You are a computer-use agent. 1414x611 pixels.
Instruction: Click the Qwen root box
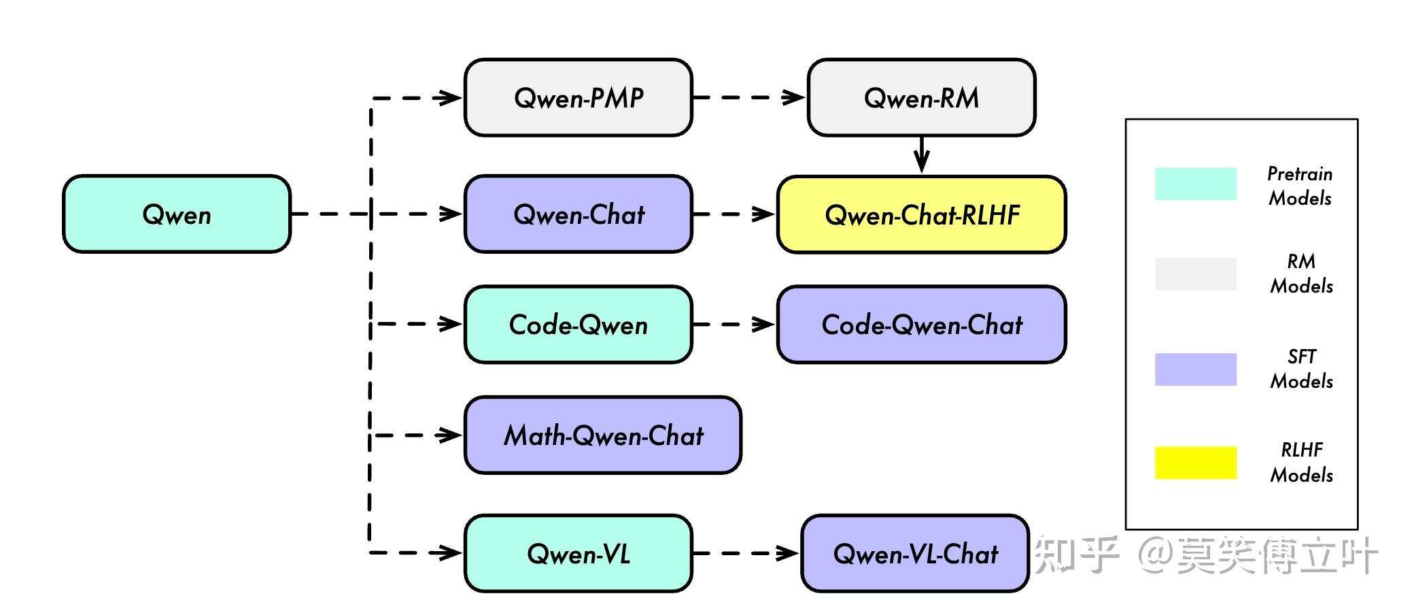pyautogui.click(x=177, y=214)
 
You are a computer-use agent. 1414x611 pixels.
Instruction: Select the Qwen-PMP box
pyautogui.click(x=578, y=97)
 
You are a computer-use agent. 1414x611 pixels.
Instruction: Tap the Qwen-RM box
pyautogui.click(x=921, y=97)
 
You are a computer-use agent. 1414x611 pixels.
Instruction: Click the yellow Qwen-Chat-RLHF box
pyautogui.click(x=921, y=214)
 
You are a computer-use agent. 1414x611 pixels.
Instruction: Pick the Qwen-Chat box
pyautogui.click(x=578, y=214)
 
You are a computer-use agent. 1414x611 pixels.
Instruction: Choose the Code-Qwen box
pyautogui.click(x=578, y=324)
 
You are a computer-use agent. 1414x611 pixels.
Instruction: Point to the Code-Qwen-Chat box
pyautogui.click(x=921, y=324)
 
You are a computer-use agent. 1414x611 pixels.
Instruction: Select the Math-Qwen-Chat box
pyautogui.click(x=602, y=435)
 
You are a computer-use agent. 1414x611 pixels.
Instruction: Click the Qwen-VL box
pyautogui.click(x=578, y=553)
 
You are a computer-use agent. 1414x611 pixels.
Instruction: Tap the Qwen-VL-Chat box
pyautogui.click(x=914, y=553)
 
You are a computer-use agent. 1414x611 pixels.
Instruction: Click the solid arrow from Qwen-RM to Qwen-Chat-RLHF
pyautogui.click(x=921, y=155)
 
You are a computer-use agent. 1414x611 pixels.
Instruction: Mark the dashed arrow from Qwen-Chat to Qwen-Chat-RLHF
pyautogui.click(x=734, y=214)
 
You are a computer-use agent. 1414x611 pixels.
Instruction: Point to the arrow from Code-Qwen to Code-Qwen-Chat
pyautogui.click(x=734, y=324)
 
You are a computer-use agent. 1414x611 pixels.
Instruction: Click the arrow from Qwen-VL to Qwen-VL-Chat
pyautogui.click(x=746, y=553)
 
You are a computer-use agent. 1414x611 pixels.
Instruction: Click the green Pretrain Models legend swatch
pyautogui.click(x=1195, y=184)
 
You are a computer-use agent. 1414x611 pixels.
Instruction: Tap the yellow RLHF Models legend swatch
pyautogui.click(x=1195, y=463)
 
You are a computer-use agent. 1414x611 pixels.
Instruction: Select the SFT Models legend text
pyautogui.click(x=1301, y=369)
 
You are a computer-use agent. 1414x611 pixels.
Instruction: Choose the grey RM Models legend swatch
pyautogui.click(x=1195, y=274)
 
